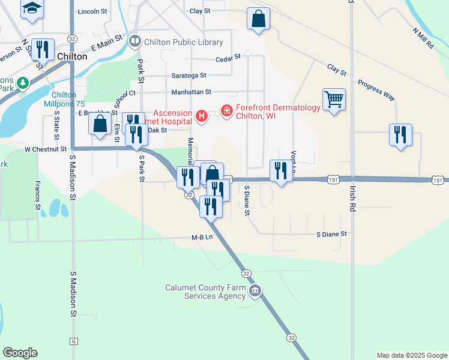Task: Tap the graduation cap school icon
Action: click(x=32, y=8)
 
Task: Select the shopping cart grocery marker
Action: click(x=334, y=98)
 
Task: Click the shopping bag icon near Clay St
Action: click(x=258, y=18)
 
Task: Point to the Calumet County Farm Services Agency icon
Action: click(x=256, y=292)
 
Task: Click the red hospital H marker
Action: click(x=202, y=115)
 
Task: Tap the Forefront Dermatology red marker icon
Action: click(x=227, y=110)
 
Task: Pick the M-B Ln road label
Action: click(x=202, y=237)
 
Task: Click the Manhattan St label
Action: click(x=192, y=92)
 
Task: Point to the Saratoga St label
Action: click(x=188, y=76)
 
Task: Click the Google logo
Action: click(x=20, y=353)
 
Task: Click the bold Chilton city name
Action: click(x=72, y=56)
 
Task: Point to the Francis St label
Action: click(x=37, y=196)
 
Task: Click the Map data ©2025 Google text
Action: click(x=411, y=355)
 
